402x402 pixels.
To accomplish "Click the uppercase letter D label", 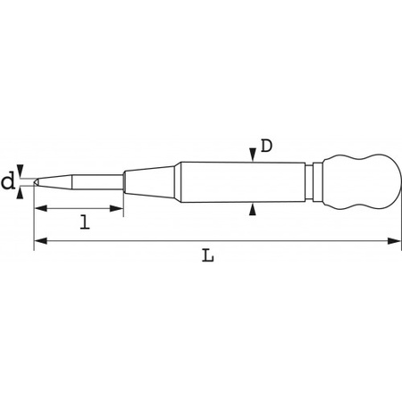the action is click(266, 146).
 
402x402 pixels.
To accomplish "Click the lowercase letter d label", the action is click(8, 181).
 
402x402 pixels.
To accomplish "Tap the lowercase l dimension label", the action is click(85, 222).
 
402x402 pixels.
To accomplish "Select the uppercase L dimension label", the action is click(208, 256).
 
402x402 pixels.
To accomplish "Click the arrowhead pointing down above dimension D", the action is click(253, 155).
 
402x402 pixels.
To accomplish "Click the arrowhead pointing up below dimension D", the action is click(253, 209).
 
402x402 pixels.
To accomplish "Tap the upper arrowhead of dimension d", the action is click(20, 172).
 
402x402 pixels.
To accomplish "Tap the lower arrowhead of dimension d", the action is click(20, 193).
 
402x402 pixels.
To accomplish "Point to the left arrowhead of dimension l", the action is click(41, 208).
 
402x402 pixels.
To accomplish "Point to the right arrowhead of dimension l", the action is click(116, 208).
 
